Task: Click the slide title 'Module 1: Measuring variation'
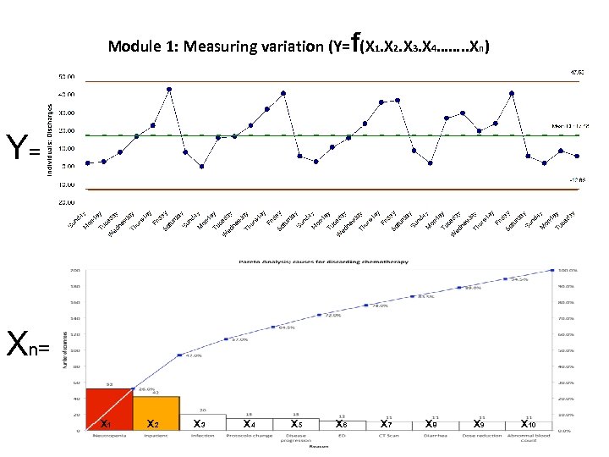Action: [x=224, y=47]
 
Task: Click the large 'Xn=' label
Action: [x=27, y=344]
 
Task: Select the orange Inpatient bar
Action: [x=156, y=413]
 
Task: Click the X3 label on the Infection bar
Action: [x=200, y=423]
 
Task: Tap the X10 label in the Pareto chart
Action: [x=529, y=423]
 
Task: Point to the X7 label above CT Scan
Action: [x=387, y=423]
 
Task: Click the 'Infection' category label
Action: [x=202, y=436]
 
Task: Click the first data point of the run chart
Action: [x=87, y=163]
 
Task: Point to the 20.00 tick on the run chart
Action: [x=65, y=130]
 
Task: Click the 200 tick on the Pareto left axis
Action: [x=74, y=271]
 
